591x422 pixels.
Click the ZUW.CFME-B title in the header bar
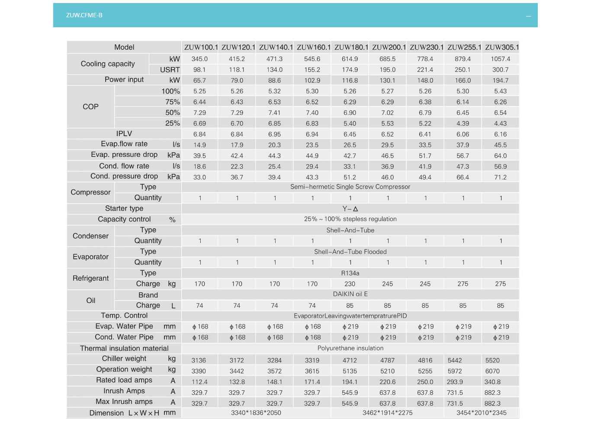tap(84, 15)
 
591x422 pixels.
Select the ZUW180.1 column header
tap(351, 47)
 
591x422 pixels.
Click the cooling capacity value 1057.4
tap(500, 59)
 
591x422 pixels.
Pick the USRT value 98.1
tap(199, 70)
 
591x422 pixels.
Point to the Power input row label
tap(124, 80)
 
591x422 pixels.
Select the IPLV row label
tap(124, 134)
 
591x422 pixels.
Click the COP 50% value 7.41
tap(274, 113)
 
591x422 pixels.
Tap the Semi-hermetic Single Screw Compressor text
tap(350, 187)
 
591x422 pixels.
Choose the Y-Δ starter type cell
tap(350, 209)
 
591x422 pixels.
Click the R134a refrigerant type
tap(350, 273)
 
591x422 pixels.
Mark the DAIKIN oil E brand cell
tap(350, 294)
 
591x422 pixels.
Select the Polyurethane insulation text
tap(350, 348)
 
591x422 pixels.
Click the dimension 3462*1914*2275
tap(387, 413)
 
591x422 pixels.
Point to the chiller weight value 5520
tap(492, 360)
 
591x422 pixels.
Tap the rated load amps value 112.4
tap(199, 382)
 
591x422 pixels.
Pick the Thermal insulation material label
tap(124, 348)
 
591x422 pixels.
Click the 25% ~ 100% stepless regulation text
tap(350, 219)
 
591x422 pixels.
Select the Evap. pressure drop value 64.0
tap(500, 156)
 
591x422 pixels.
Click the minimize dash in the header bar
tap(528, 16)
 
